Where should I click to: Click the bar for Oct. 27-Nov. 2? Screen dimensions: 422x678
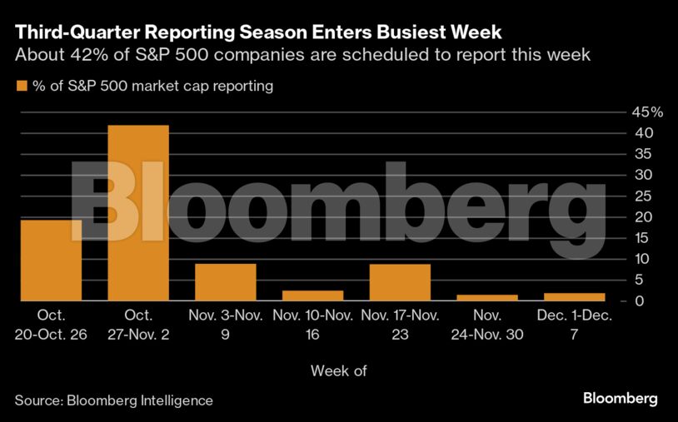coord(138,212)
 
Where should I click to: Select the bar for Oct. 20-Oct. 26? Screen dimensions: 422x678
coord(51,260)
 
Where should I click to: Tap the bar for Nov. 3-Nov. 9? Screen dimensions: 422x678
coord(225,281)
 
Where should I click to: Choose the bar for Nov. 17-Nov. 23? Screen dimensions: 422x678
coord(400,281)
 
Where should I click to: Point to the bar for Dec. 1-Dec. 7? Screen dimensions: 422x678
coord(574,296)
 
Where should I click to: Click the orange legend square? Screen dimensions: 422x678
coord(21,86)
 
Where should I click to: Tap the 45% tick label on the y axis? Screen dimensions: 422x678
coord(646,112)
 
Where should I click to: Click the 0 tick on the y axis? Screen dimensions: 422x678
coord(638,300)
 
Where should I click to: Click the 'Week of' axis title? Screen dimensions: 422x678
coord(338,370)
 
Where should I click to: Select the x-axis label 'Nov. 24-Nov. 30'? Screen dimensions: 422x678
coord(486,324)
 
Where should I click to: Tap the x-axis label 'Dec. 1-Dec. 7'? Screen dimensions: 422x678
coord(574,324)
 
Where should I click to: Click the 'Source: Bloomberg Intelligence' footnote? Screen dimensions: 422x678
coord(114,400)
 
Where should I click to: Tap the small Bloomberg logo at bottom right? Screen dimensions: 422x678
coord(620,399)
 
